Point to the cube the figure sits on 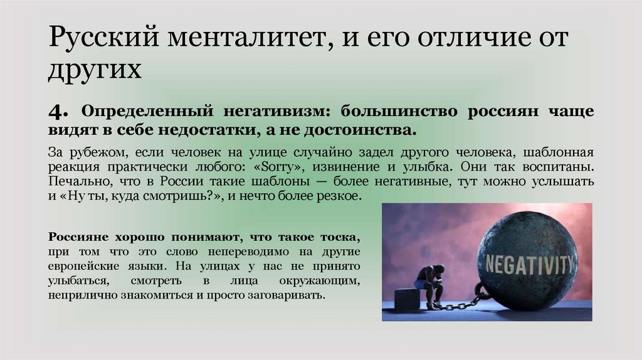407,299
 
